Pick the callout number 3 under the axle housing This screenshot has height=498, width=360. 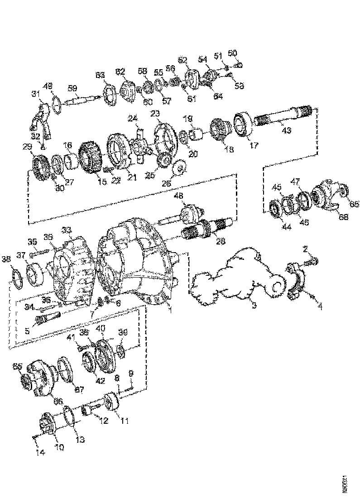254,306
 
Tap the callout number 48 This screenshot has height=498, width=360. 179,196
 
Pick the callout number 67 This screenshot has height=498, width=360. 80,389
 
